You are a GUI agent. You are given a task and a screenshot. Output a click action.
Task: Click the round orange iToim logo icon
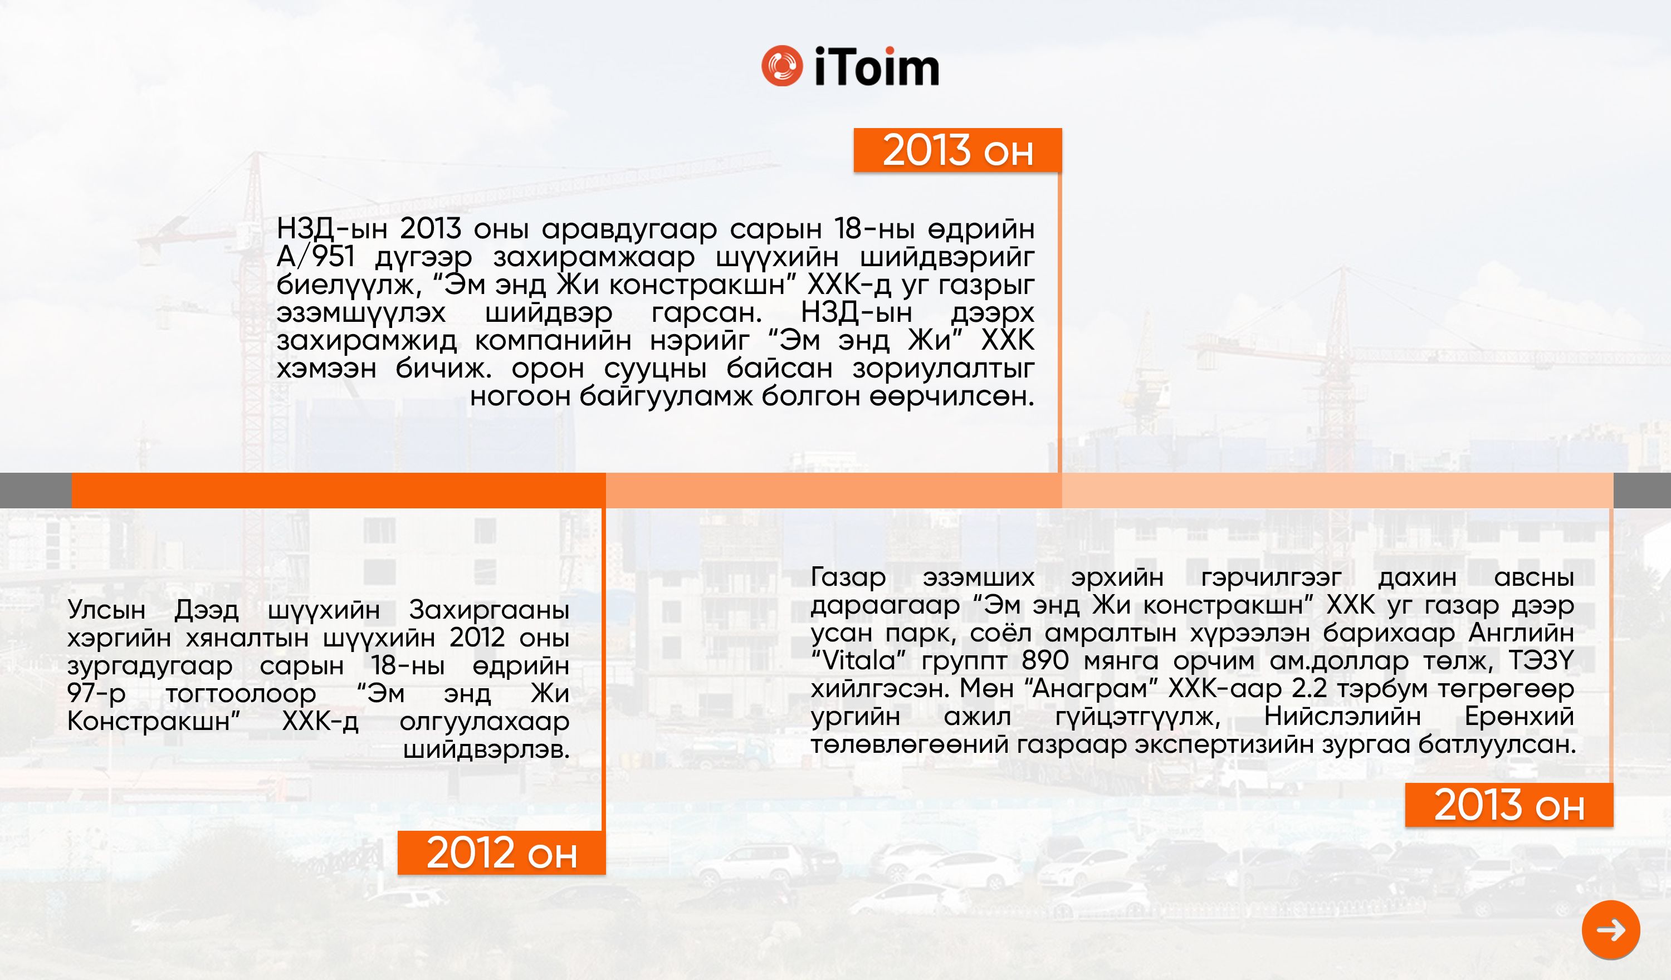click(782, 66)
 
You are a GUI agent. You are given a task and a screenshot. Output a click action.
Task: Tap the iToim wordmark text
click(876, 66)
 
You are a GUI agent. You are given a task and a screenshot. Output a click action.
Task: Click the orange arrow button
click(1611, 929)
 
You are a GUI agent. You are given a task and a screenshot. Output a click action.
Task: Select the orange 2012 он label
click(501, 852)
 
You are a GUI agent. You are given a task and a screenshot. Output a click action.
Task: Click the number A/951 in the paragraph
click(316, 257)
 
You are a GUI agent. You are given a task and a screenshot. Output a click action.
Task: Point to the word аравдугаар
click(629, 229)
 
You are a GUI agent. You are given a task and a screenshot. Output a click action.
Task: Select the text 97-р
click(96, 694)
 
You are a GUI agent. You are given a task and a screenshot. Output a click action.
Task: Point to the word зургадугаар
click(150, 666)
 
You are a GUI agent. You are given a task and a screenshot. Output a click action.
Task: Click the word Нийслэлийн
click(1342, 717)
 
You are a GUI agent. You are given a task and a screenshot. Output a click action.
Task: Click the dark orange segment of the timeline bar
click(339, 491)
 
